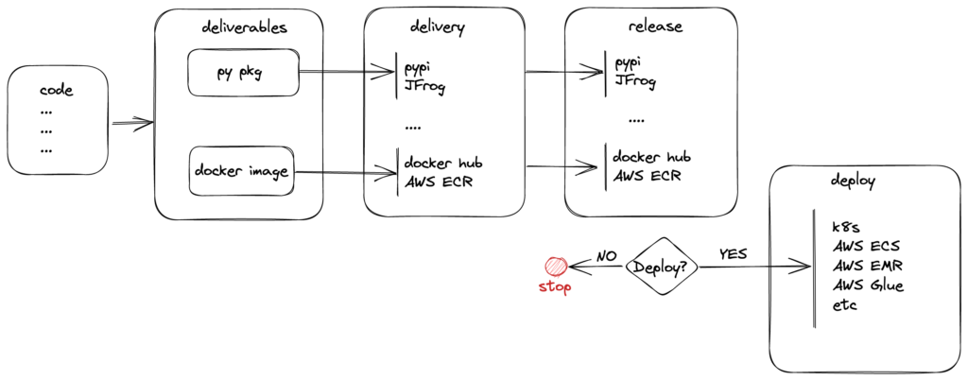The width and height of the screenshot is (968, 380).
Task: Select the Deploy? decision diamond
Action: click(x=664, y=267)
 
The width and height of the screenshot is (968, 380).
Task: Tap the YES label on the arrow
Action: click(x=732, y=254)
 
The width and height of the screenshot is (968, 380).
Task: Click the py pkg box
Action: click(x=242, y=72)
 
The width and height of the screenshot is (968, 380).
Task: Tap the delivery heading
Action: click(x=437, y=27)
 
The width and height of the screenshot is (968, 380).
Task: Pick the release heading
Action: click(x=654, y=26)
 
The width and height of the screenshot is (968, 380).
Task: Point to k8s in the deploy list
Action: click(x=845, y=228)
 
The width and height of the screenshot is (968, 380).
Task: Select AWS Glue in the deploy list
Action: click(x=868, y=285)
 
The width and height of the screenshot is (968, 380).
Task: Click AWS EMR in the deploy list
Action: click(x=868, y=267)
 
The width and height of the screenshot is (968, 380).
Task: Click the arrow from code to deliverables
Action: click(x=132, y=122)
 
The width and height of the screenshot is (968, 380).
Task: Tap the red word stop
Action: click(x=555, y=287)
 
